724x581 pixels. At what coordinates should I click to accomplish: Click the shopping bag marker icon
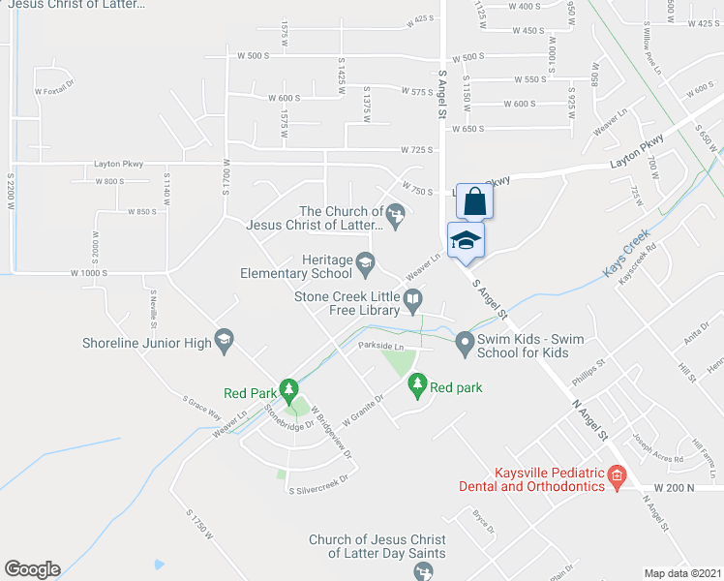[474, 202]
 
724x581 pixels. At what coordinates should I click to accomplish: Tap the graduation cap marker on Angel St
[466, 241]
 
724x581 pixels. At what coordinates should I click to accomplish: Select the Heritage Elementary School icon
[365, 260]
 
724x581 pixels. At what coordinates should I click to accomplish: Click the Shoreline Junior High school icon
[224, 338]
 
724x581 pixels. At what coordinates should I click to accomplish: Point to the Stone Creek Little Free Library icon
[414, 304]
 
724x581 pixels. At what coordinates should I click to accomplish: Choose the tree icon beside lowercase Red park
[417, 384]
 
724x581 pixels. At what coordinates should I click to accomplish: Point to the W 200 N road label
[675, 487]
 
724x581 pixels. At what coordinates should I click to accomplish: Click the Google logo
[32, 569]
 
